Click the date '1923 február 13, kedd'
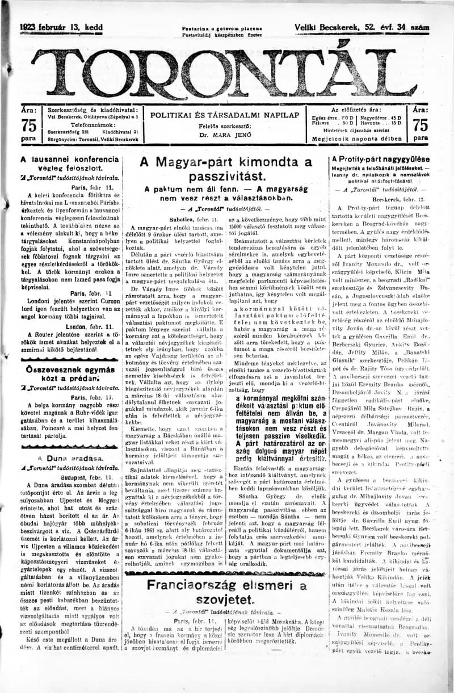61,27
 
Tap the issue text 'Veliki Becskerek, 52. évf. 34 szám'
361,27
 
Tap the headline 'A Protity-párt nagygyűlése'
381,159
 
